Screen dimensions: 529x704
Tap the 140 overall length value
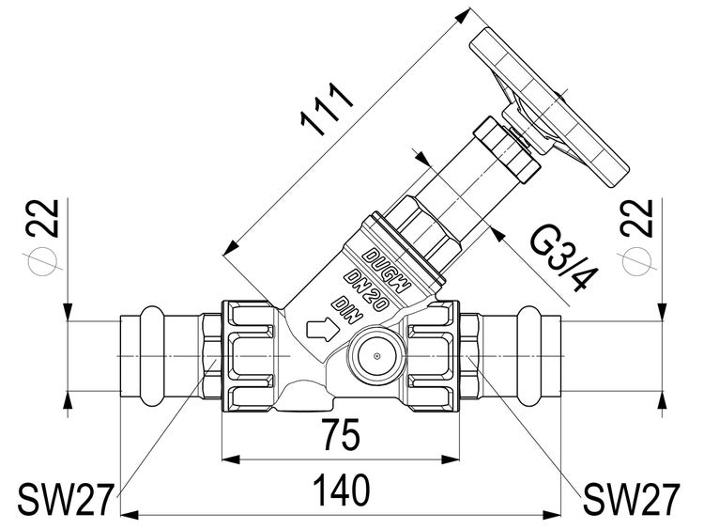click(341, 490)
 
